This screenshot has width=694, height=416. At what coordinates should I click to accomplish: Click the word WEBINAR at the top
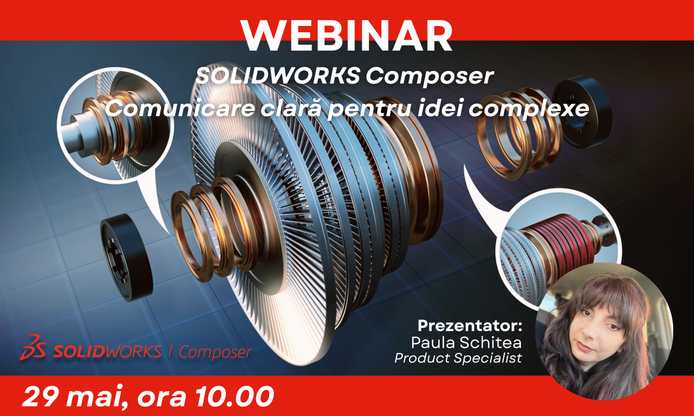[x=347, y=36]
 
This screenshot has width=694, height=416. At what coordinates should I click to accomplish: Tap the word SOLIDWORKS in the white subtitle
[x=278, y=76]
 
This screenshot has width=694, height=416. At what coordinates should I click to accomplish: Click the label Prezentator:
[x=470, y=326]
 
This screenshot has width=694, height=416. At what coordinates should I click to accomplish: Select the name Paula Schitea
[x=466, y=342]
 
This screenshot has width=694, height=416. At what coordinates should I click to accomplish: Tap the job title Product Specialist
[x=458, y=358]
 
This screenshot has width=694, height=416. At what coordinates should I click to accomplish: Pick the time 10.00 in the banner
[x=235, y=397]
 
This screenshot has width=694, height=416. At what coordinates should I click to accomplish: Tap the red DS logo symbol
[x=33, y=347]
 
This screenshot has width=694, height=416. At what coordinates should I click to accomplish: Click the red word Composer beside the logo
[x=215, y=352]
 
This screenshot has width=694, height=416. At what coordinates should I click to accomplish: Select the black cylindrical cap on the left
[x=126, y=257]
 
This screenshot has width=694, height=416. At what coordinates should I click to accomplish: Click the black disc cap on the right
[x=582, y=112]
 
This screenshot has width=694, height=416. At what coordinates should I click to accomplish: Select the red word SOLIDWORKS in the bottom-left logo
[x=107, y=351]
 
